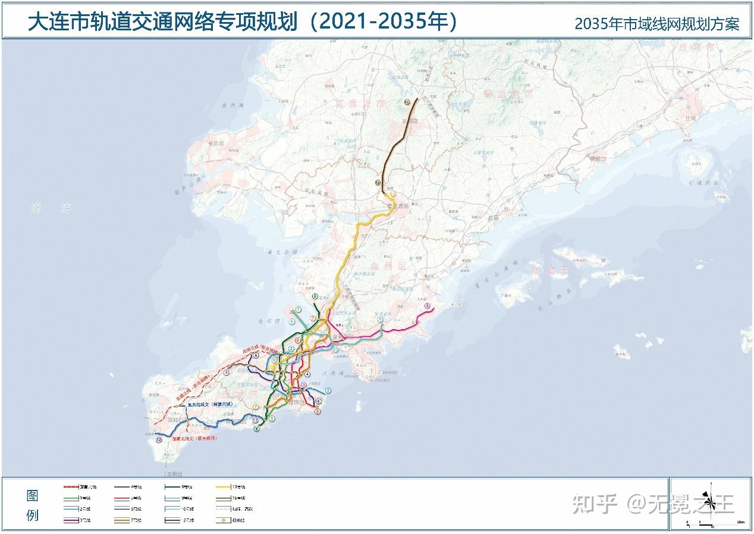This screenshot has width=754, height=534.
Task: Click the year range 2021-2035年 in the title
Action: [387, 22]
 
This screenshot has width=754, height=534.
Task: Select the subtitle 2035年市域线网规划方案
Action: [657, 24]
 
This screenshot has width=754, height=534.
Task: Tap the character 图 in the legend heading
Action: [32, 496]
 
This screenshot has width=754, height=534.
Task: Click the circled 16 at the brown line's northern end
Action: [407, 102]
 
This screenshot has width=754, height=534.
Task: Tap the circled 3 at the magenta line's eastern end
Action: [427, 306]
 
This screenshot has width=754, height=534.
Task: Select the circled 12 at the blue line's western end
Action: [159, 441]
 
